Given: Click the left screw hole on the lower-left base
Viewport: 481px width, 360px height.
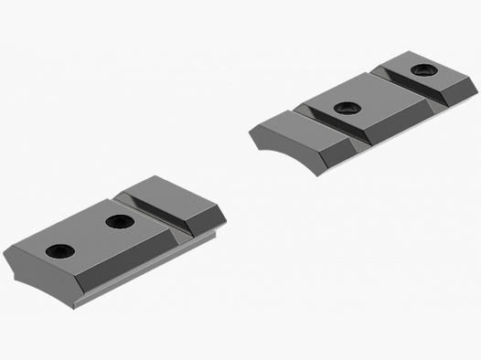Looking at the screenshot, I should pyautogui.click(x=60, y=251).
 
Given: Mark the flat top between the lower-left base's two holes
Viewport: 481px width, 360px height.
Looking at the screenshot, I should pyautogui.click(x=90, y=236).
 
